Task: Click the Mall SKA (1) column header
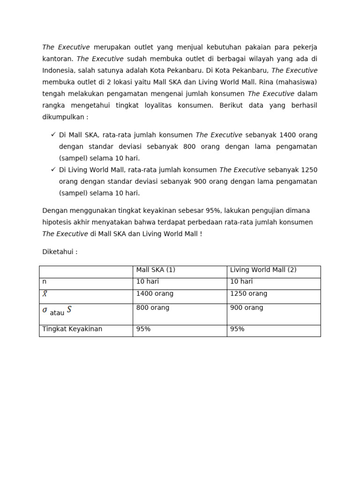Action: point(155,270)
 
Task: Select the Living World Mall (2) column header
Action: point(262,270)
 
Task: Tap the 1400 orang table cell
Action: point(154,294)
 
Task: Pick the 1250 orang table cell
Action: point(248,294)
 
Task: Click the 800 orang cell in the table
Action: point(152,308)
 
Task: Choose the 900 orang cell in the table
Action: point(247,308)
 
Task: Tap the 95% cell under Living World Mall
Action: point(237,329)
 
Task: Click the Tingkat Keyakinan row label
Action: point(72,329)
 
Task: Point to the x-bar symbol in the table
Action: point(45,294)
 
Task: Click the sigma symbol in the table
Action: point(45,310)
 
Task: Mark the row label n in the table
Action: point(45,282)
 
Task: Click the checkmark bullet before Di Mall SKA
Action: point(53,135)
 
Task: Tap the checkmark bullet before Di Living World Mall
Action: point(53,170)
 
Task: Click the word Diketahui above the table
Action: point(58,252)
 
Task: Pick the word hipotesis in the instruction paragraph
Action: point(57,222)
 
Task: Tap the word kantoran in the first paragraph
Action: point(57,59)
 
